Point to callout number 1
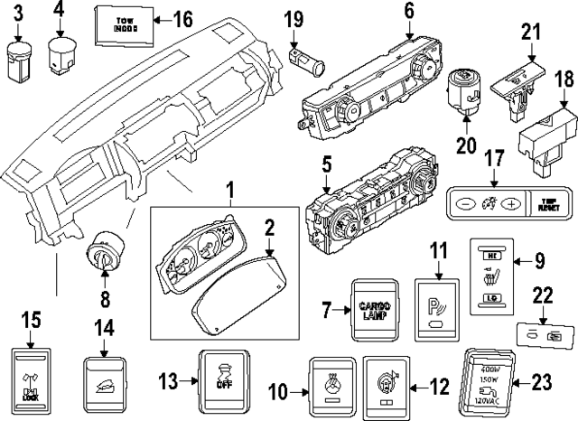pyautogui.click(x=229, y=191)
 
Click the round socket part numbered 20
pyautogui.click(x=466, y=93)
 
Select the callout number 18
pyautogui.click(x=563, y=80)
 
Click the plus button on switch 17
pyautogui.click(x=512, y=203)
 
